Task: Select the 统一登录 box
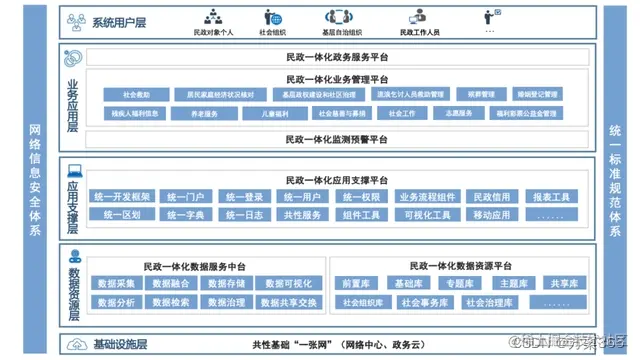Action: tap(243, 198)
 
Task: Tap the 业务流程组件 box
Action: tap(427, 198)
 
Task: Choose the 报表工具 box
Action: tap(551, 198)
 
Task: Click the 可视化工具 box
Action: tap(427, 215)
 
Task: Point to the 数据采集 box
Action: tap(118, 284)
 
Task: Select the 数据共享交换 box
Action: tap(289, 302)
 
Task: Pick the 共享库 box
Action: tap(567, 284)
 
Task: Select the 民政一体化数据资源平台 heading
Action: tap(462, 266)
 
